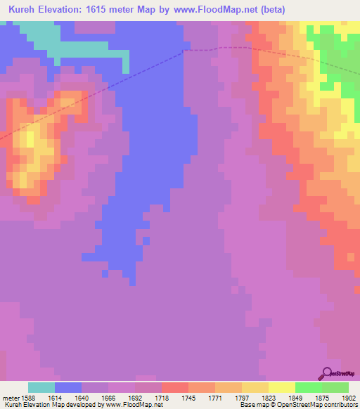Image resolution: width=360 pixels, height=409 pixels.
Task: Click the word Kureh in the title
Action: coord(26,10)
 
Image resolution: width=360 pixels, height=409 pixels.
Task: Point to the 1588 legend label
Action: coord(27,398)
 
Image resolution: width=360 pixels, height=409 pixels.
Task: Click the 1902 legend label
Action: coord(347,398)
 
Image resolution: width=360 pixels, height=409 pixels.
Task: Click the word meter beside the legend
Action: coord(9,398)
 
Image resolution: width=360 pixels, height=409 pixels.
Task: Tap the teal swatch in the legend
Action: coord(41,387)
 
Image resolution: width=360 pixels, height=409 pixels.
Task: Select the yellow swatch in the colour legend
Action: coord(281,387)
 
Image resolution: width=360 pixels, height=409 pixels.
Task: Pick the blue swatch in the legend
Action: coord(68,387)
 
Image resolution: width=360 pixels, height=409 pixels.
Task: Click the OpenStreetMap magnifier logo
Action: coord(326,373)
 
